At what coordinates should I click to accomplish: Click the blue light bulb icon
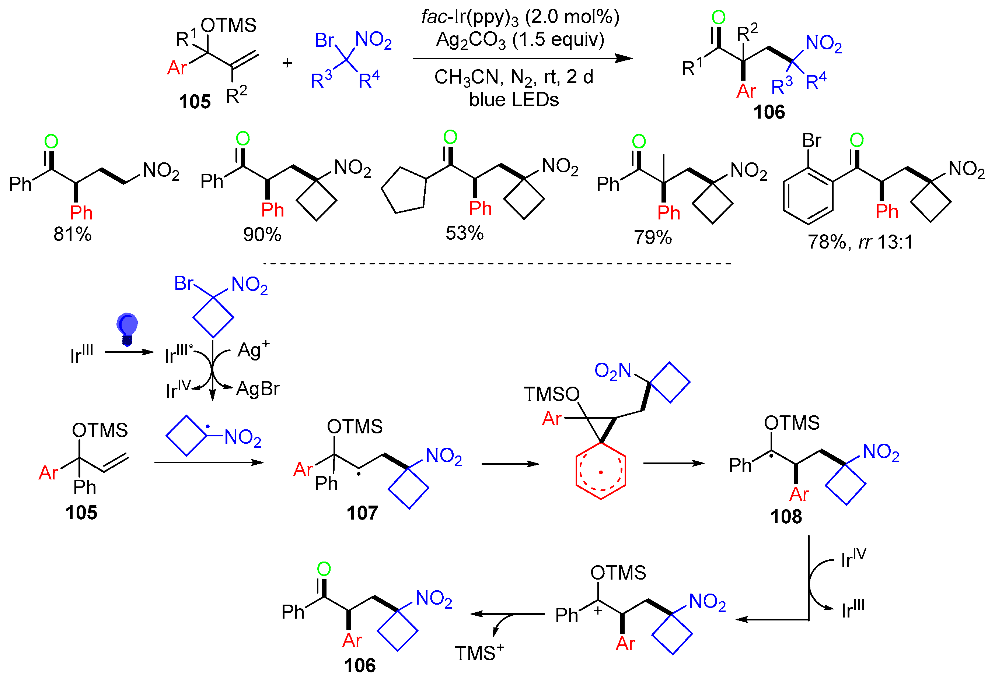pos(127,328)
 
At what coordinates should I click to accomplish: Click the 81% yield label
pos(72,234)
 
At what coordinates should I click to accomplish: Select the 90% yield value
pos(262,234)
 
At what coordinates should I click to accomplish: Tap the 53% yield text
pos(465,233)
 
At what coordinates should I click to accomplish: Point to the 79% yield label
pos(653,237)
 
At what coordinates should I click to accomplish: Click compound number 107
pos(362,513)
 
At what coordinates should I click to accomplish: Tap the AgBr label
pos(258,389)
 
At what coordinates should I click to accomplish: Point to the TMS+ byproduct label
pos(479,653)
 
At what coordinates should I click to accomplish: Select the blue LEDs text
pos(514,100)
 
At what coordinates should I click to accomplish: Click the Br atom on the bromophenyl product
pos(811,141)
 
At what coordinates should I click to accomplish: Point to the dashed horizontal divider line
pos(497,264)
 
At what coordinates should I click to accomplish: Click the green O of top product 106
pos(718,18)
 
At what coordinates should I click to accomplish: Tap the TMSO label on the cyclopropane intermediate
pos(551,394)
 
